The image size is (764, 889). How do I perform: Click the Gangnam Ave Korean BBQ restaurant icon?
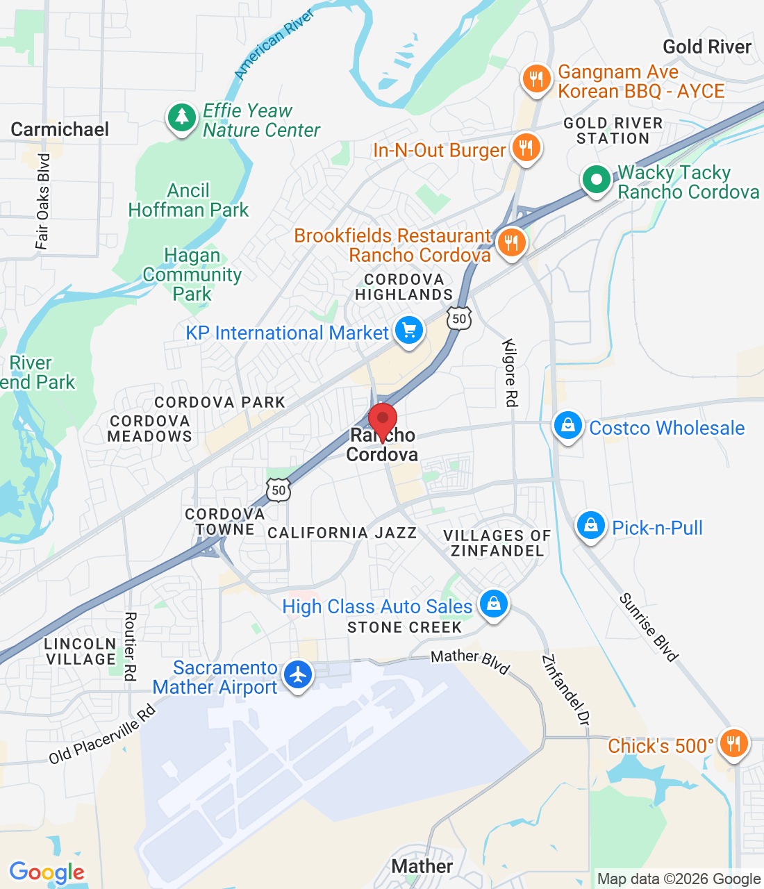pos(536,79)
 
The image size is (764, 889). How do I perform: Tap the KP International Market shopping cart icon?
pos(409,331)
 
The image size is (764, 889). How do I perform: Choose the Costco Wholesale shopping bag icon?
pos(567,426)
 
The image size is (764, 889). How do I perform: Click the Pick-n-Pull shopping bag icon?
pos(590,526)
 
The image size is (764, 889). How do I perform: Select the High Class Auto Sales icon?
pos(493,605)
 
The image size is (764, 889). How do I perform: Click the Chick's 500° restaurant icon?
pos(733,744)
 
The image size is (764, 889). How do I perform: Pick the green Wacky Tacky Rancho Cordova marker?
pos(596,180)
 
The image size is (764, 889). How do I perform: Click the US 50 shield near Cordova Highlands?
pos(459,319)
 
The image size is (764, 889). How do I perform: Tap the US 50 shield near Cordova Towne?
pos(279,490)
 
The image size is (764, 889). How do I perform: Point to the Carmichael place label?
pos(60,130)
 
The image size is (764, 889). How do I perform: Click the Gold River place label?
pos(706,47)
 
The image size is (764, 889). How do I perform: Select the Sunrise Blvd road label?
pos(648,626)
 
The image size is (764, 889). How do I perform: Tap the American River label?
pos(274,44)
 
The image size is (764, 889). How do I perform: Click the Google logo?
pos(47,872)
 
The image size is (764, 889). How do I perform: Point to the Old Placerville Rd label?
pos(102,735)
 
